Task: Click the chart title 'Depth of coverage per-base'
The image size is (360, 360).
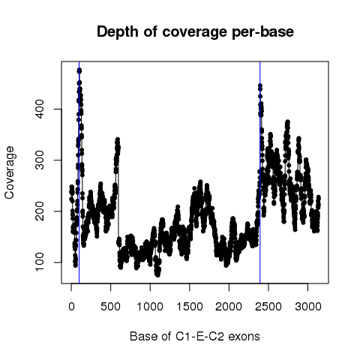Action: (195, 32)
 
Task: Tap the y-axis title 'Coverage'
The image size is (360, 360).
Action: (10, 172)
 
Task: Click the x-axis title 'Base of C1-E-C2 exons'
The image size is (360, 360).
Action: (195, 336)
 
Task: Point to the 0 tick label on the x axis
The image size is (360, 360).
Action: (71, 307)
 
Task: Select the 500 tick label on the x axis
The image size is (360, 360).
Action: (110, 307)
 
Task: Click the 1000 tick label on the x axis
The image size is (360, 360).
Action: (150, 307)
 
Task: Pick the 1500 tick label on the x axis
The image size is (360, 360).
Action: (190, 307)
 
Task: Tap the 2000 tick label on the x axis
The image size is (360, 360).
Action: (229, 307)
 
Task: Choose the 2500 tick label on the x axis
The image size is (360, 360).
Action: (268, 307)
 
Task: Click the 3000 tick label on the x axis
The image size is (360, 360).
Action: (307, 307)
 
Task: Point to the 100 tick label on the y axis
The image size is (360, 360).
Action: (40, 262)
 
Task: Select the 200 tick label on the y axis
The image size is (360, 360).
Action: (40, 211)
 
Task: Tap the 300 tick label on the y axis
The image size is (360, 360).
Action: (40, 160)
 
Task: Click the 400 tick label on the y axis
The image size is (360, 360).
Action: (40, 109)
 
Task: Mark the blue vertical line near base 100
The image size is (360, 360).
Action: (79, 172)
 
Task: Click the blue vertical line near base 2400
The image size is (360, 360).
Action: (260, 172)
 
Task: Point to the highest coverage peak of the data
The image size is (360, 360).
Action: (79, 70)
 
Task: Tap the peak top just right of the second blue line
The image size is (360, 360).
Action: (260, 85)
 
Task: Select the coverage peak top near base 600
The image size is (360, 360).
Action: (118, 139)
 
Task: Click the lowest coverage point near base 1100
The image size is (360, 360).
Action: (157, 274)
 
